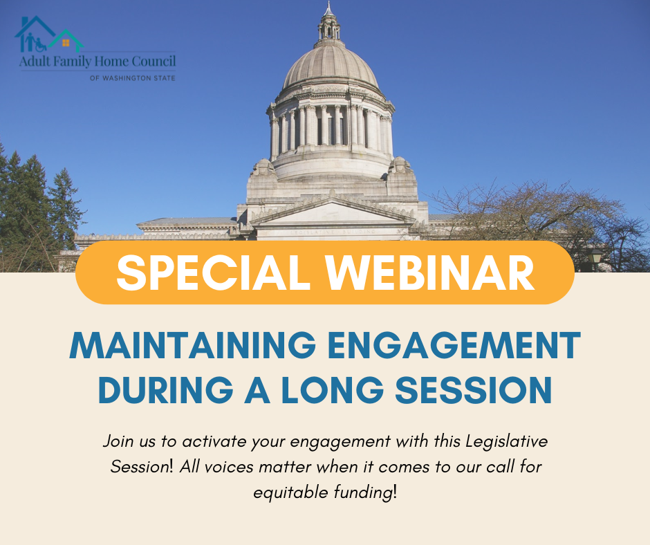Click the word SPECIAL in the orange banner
click(x=214, y=273)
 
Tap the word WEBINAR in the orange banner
click(x=430, y=273)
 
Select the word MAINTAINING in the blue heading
click(x=193, y=345)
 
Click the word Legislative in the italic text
click(x=507, y=442)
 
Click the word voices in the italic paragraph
click(x=229, y=467)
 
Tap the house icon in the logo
click(x=49, y=34)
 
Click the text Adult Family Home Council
click(x=98, y=62)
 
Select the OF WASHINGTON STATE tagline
click(x=133, y=78)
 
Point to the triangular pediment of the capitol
click(x=333, y=211)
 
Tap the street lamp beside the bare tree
click(x=595, y=259)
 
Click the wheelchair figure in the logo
click(x=40, y=44)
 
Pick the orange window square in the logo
click(x=66, y=43)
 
